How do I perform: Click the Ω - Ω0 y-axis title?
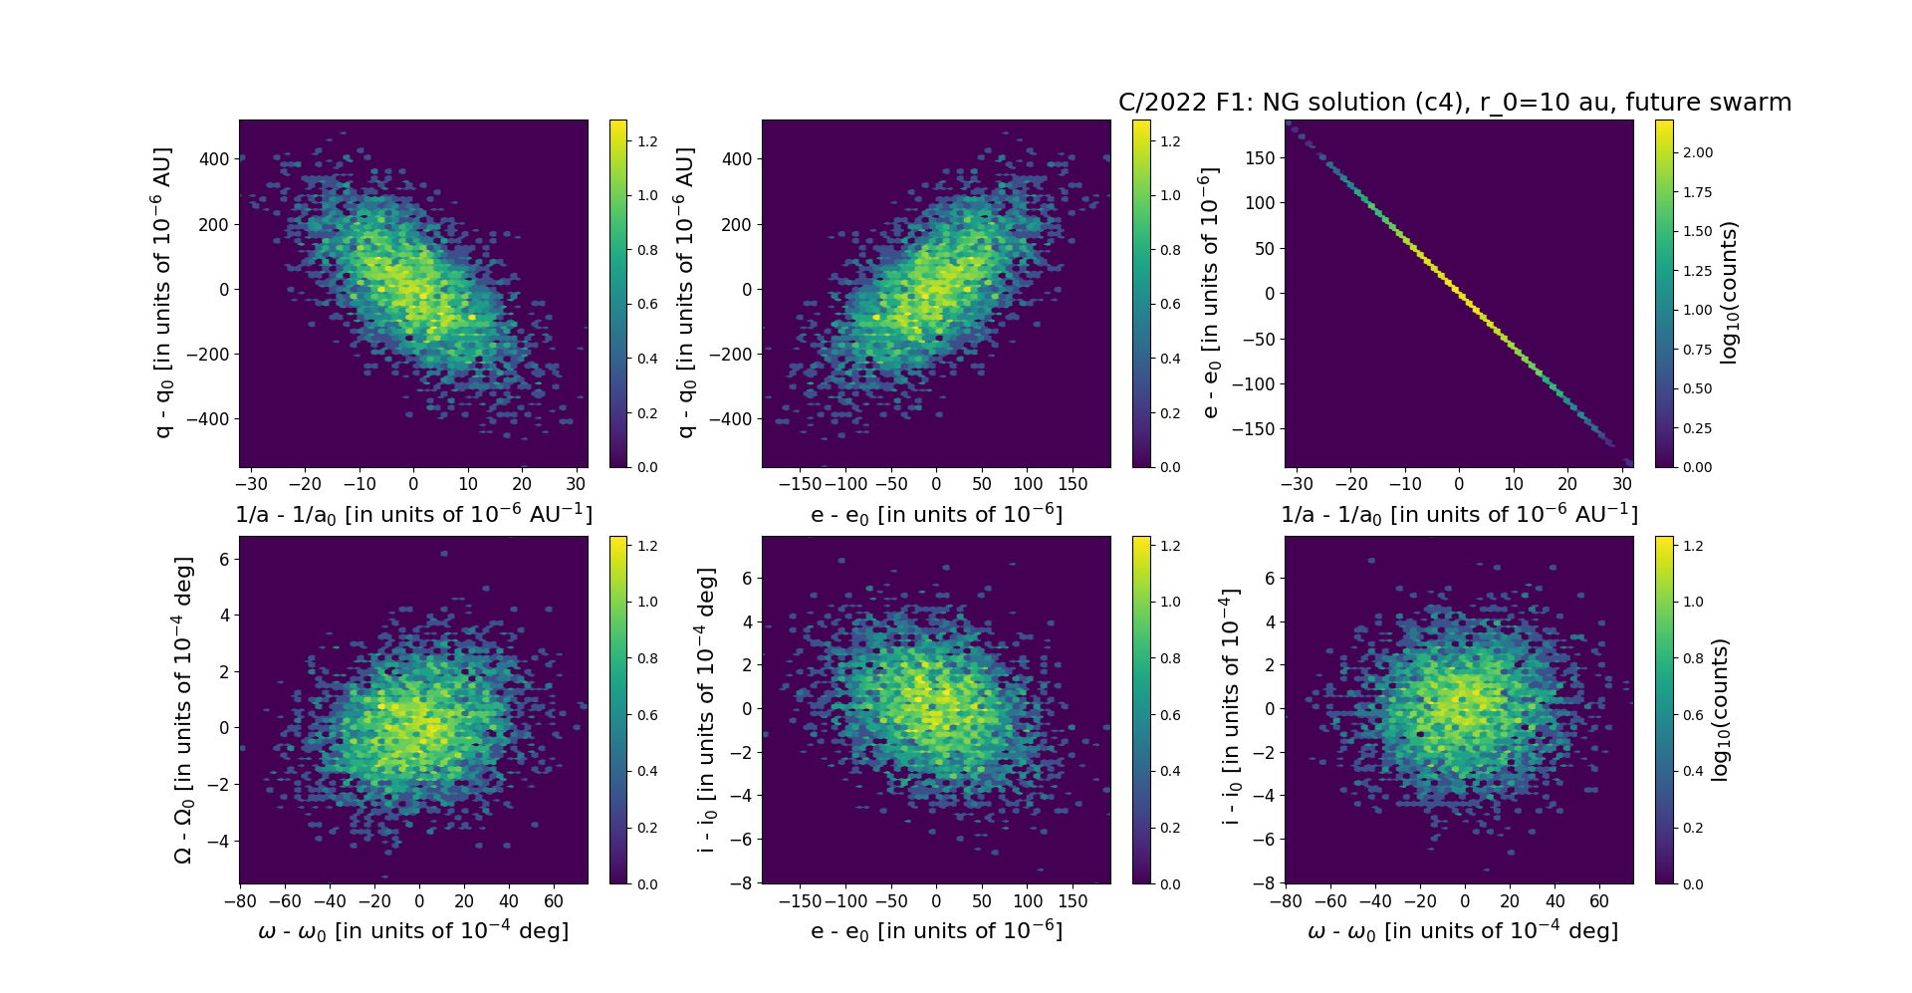[x=183, y=710]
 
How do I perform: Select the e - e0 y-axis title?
[x=1210, y=294]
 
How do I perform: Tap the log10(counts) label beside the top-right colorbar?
[x=1729, y=294]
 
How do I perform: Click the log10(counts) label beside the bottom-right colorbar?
[x=1720, y=710]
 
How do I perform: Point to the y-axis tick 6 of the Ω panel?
[x=224, y=559]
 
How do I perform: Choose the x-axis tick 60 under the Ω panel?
[x=553, y=901]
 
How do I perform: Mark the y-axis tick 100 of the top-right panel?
[x=1260, y=203]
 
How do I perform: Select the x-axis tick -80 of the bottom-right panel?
[x=1286, y=901]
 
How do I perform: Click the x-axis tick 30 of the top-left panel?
[x=577, y=484]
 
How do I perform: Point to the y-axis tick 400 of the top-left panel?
[x=215, y=158]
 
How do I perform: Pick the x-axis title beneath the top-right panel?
[x=1459, y=514]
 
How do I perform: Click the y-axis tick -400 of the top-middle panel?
[x=732, y=419]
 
